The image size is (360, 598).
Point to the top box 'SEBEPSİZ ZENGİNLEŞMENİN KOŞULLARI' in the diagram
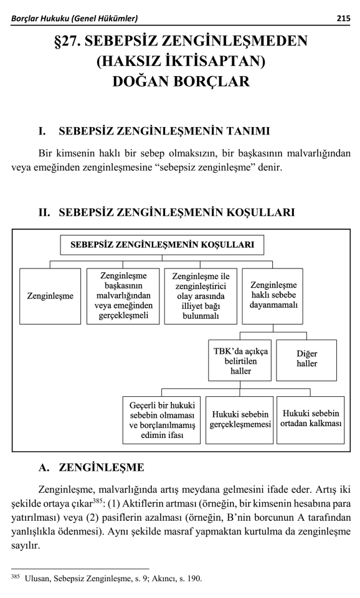[162, 245]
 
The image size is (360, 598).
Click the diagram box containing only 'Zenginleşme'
[50, 297]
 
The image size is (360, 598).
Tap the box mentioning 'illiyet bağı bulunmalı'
[201, 297]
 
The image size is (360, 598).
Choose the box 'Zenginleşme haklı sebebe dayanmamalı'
[273, 297]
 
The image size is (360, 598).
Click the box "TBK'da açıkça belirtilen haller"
[240, 360]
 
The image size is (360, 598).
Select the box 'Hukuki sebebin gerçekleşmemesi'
[240, 420]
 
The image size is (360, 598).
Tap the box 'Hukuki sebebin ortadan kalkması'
[311, 420]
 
